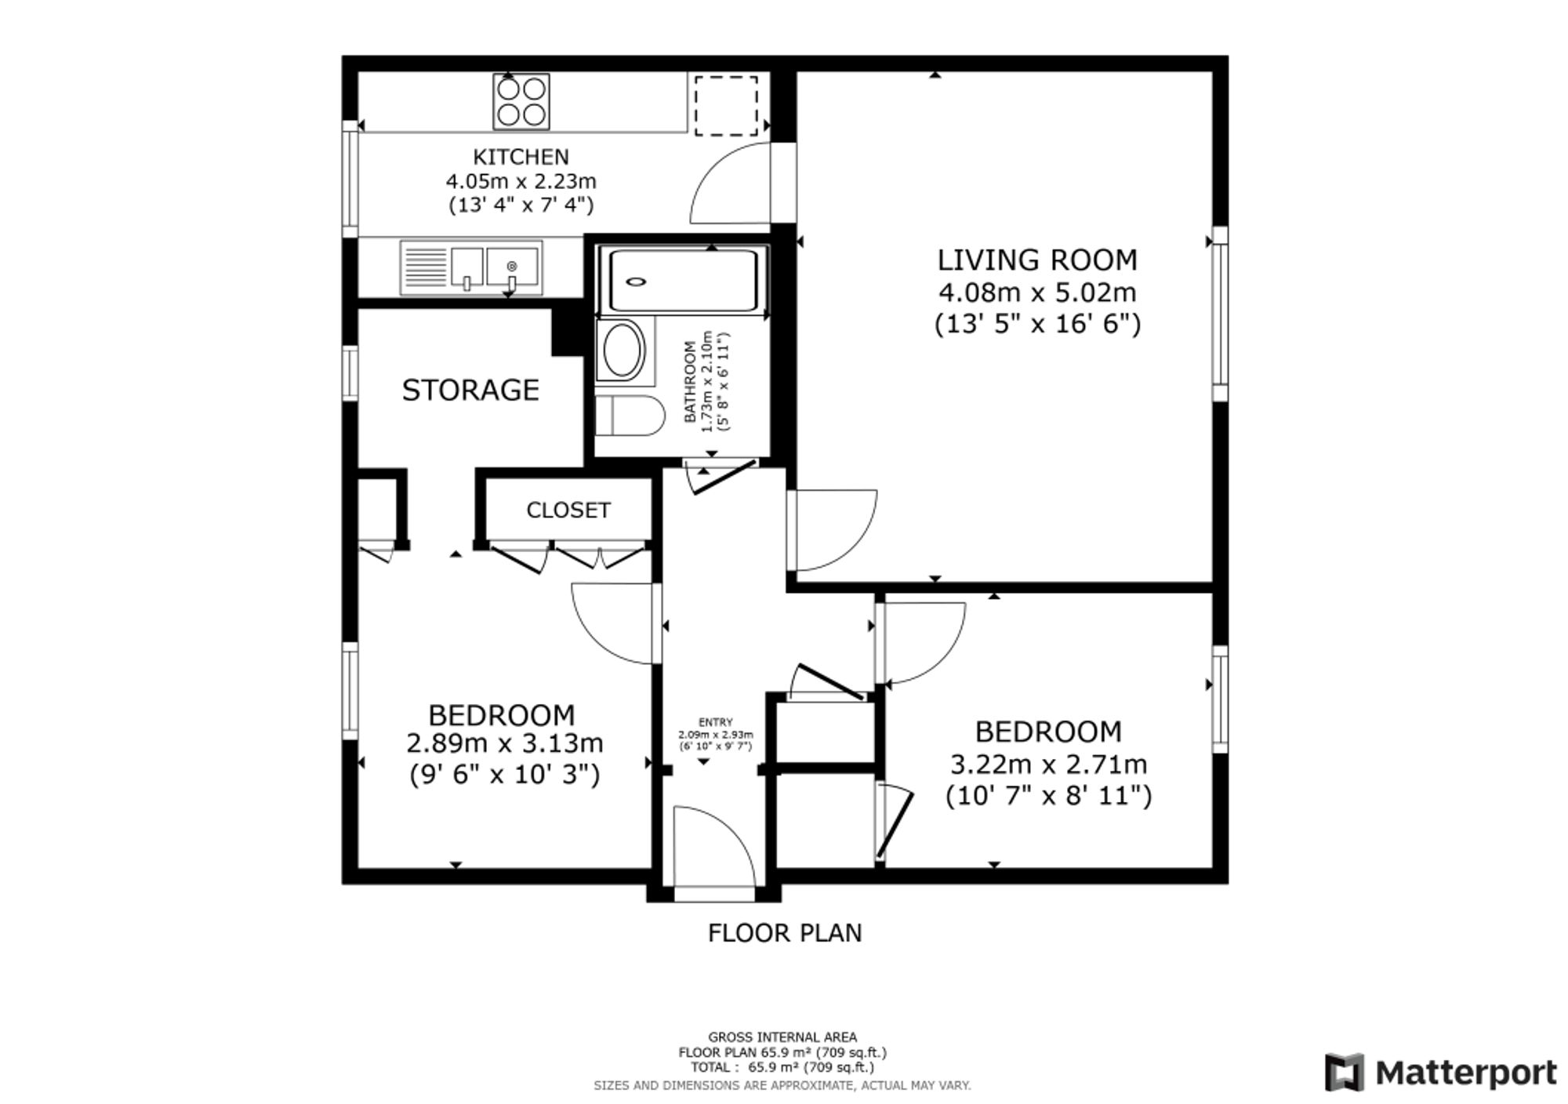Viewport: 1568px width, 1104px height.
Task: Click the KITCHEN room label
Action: (521, 156)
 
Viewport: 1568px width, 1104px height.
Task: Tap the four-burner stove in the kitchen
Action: (521, 101)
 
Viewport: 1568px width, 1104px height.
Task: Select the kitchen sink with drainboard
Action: (470, 267)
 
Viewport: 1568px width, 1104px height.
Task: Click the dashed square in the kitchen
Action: (726, 105)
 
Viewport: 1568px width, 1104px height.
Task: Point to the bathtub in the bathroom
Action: (683, 281)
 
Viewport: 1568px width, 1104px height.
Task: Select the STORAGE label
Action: (470, 390)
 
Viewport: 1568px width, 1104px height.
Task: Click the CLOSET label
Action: (568, 510)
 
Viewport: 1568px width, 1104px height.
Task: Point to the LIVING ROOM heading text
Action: (1037, 260)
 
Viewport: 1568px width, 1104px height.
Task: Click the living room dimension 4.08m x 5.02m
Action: (1037, 292)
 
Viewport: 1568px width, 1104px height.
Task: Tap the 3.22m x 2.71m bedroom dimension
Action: (1048, 764)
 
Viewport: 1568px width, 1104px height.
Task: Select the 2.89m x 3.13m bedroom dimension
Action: (504, 743)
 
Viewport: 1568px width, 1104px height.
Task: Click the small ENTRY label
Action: (715, 722)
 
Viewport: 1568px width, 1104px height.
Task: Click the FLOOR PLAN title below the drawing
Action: (785, 933)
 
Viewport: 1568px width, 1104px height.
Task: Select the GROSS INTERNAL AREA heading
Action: (782, 1037)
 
